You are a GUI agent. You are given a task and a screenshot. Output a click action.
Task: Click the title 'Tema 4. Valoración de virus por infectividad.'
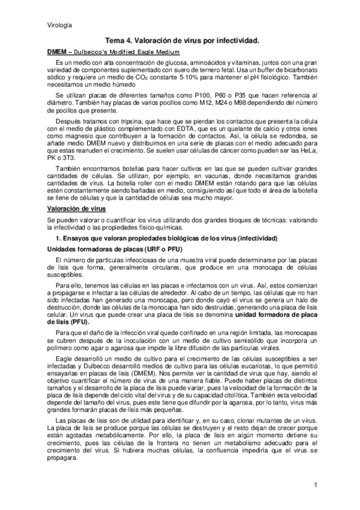click(182, 40)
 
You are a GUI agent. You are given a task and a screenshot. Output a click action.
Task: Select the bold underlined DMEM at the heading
click(56, 52)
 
